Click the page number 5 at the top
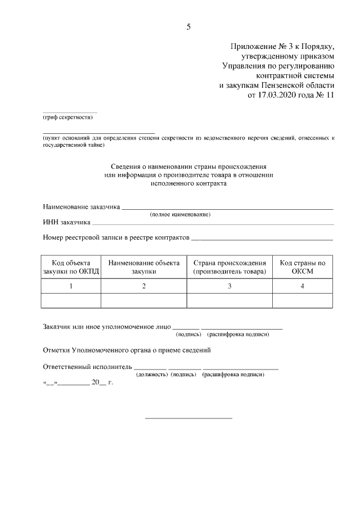pos(188,26)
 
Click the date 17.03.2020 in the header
pos(277,95)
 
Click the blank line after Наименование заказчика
pos(227,209)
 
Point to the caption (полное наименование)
pos(180,215)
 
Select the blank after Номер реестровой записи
pos(262,240)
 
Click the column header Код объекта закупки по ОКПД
pos(71,267)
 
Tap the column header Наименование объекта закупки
pos(144,267)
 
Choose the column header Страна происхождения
pos(229,267)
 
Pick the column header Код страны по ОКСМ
pos(303,267)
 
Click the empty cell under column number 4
pos(303,301)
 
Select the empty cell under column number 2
pos(144,301)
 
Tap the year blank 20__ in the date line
pos(99,382)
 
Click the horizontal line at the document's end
pos(188,418)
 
